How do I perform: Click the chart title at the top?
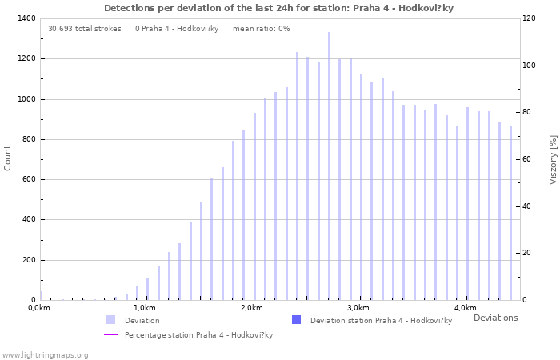(278, 8)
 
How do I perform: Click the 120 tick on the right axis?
(530, 18)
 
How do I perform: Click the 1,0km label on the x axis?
(144, 308)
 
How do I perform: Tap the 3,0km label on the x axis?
(358, 308)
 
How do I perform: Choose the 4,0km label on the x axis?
(465, 308)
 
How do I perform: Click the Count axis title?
(8, 158)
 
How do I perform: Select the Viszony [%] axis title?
(552, 159)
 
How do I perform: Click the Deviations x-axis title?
(495, 318)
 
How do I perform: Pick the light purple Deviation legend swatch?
(110, 320)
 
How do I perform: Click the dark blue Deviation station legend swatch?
(296, 320)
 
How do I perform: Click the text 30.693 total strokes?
(85, 28)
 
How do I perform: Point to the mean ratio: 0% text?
(261, 28)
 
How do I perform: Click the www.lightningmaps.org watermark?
(45, 354)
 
